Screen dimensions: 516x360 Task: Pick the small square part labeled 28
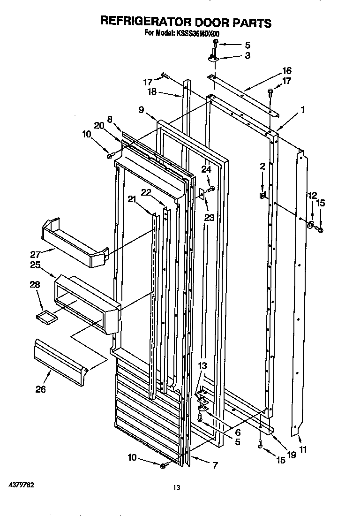click(45, 317)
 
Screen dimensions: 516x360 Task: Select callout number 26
click(41, 389)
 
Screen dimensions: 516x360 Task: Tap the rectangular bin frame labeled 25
click(87, 305)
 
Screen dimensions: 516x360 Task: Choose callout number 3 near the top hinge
click(247, 55)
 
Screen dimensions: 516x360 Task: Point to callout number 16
click(286, 71)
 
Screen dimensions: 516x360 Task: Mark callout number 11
click(303, 449)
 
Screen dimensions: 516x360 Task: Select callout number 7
click(215, 466)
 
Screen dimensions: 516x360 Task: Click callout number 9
click(141, 110)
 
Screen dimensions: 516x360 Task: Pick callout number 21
click(132, 199)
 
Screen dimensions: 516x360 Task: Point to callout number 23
click(209, 217)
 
